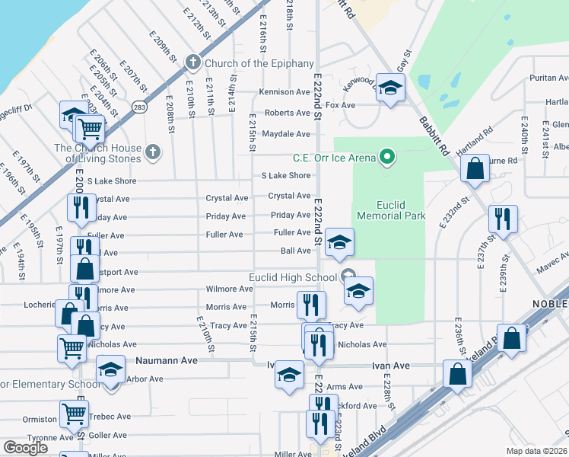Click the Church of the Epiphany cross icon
[193, 62]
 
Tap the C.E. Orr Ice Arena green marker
[387, 158]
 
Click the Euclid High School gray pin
[348, 276]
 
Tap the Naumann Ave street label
[167, 360]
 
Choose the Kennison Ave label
[284, 91]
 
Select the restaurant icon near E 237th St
[502, 219]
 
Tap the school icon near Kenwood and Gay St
[390, 88]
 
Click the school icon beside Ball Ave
[339, 243]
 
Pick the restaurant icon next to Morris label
[311, 305]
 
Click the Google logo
[25, 448]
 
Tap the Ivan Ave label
[391, 366]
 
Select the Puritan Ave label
[550, 78]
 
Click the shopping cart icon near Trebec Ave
[75, 415]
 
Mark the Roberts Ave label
[287, 113]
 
